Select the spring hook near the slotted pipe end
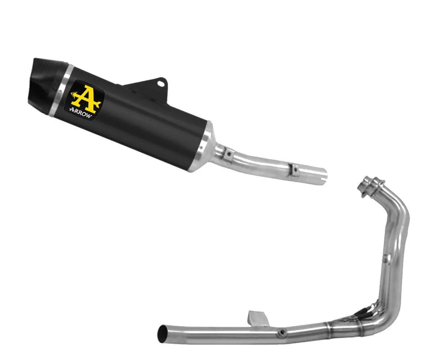coord(295,170)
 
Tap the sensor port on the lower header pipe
coord(283,332)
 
